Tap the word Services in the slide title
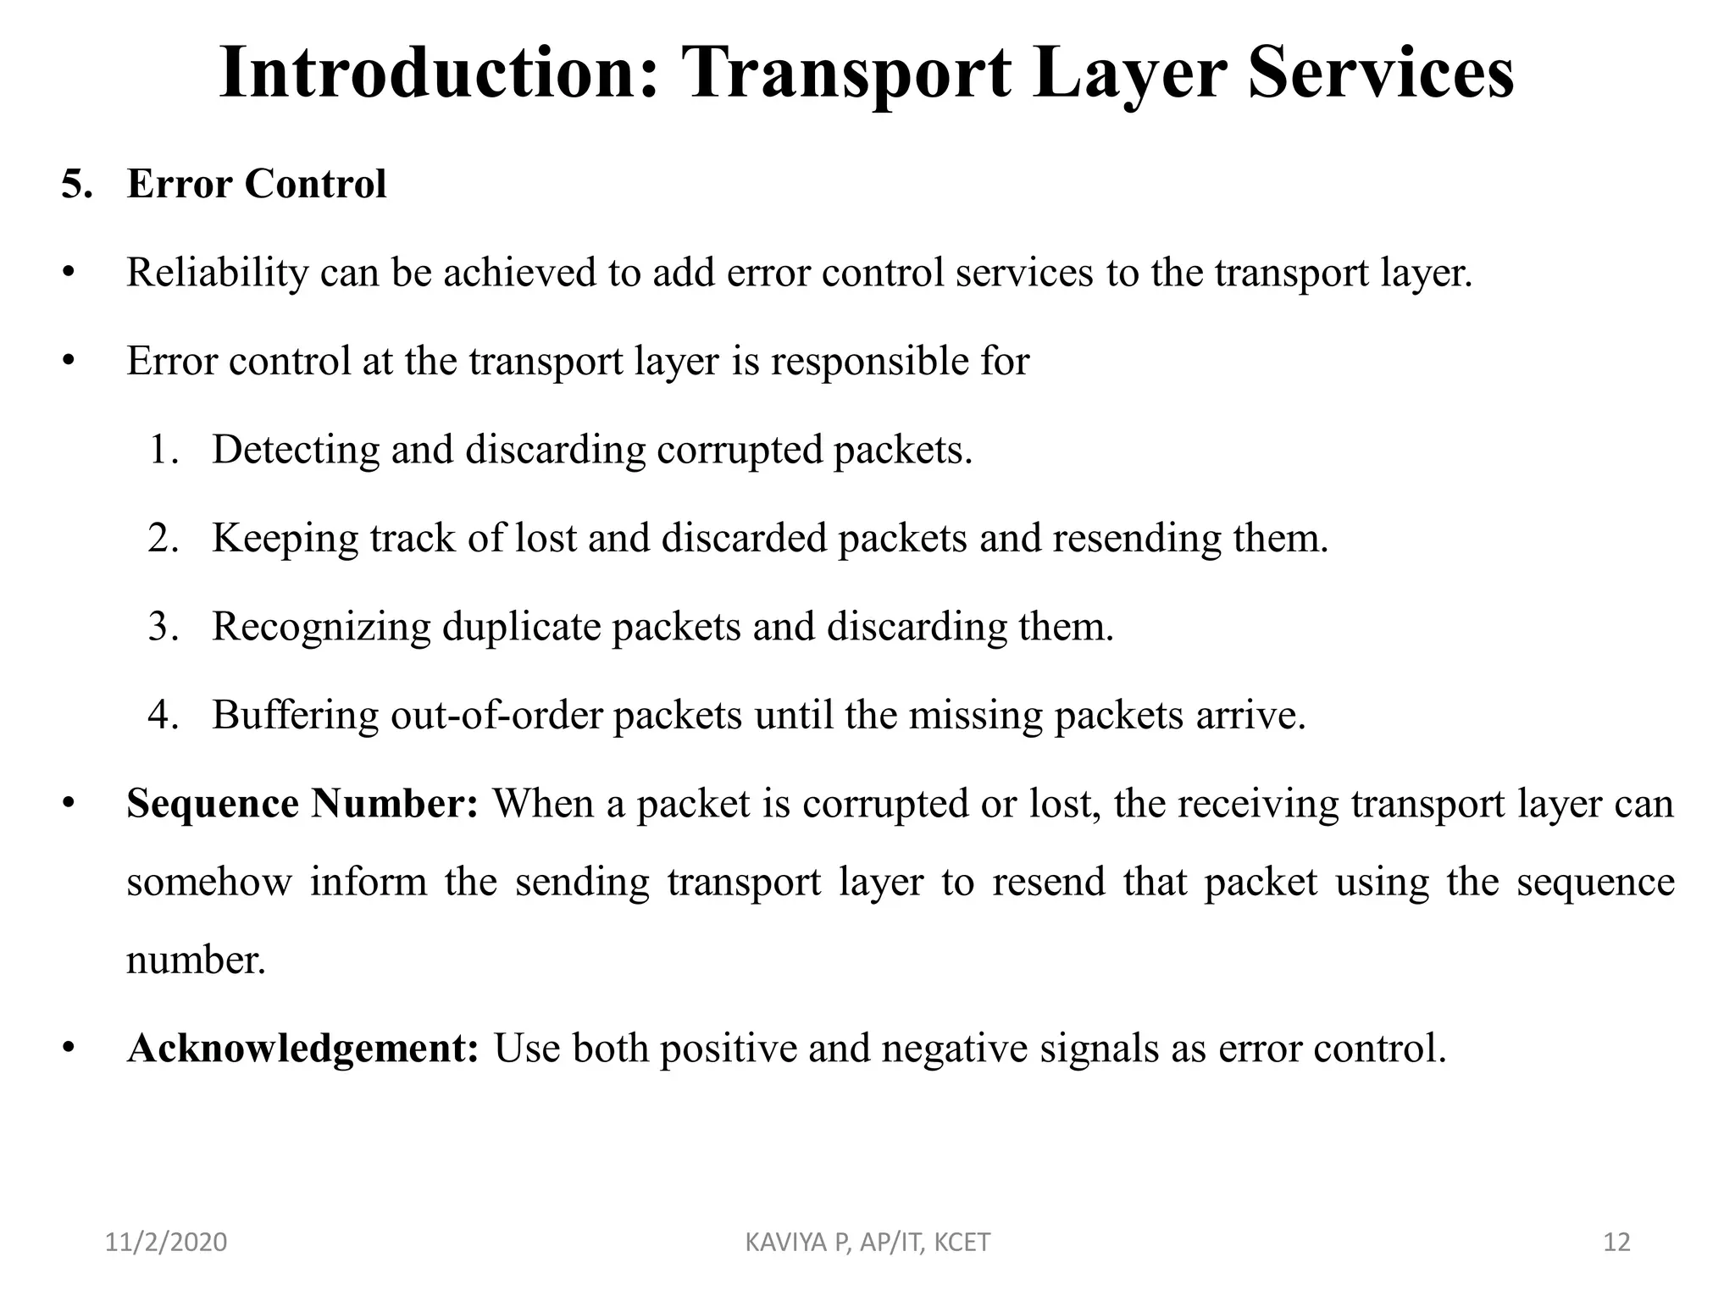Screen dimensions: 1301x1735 pos(1380,74)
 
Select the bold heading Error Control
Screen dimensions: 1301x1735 pos(257,184)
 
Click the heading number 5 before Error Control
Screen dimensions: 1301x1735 pos(76,184)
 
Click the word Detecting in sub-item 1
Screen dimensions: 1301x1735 pos(296,450)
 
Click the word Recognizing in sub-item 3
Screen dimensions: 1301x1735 pos(321,628)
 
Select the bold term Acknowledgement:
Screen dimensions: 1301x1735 pos(303,1049)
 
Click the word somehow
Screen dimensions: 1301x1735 pos(208,883)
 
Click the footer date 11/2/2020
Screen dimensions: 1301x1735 pos(166,1243)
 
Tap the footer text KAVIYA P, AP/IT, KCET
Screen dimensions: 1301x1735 pos(867,1243)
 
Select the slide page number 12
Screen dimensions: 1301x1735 pos(1616,1243)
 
